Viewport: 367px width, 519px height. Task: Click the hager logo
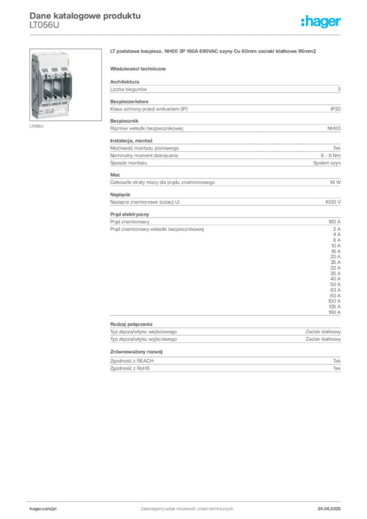pos(320,22)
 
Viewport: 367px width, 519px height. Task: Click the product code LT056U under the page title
pos(44,25)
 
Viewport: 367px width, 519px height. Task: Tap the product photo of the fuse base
pos(65,85)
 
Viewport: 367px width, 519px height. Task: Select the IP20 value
pos(335,109)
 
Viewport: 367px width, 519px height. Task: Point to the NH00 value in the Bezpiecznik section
pos(334,128)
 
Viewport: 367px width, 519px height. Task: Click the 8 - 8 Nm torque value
pos(331,156)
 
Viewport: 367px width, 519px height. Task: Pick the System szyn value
pos(327,163)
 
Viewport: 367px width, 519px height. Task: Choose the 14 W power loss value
pos(335,182)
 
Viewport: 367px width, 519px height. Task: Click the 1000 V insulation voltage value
pos(333,202)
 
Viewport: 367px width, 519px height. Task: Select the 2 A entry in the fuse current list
pos(337,229)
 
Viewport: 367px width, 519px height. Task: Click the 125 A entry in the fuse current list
pos(335,307)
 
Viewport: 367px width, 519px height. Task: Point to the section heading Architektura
pos(124,82)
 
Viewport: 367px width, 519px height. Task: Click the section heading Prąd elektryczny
pos(130,214)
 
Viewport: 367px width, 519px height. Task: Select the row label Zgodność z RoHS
pos(130,368)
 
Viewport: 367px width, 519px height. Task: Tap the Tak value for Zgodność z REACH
pos(337,361)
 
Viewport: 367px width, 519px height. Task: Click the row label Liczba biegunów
pos(128,89)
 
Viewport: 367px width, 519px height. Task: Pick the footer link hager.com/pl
pos(43,509)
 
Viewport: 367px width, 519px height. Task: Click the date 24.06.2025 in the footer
pos(329,509)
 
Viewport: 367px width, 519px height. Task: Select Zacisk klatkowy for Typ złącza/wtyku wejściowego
pos(323,331)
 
